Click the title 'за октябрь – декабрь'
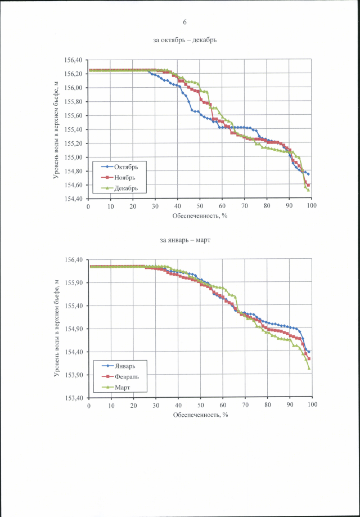point(184,40)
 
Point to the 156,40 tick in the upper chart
point(74,60)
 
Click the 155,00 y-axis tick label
point(74,158)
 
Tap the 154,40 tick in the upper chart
point(74,199)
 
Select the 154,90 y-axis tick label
point(74,329)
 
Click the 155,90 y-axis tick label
point(74,283)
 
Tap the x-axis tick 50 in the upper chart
point(200,206)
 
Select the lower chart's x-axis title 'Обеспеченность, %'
point(200,415)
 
